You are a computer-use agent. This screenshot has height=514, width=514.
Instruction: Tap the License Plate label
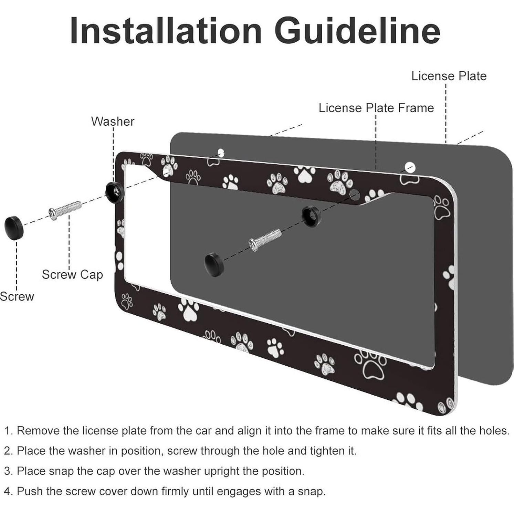coord(449,76)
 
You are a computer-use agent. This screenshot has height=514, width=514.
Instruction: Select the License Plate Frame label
coord(376,108)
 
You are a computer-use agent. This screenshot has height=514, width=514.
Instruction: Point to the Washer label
coord(113,121)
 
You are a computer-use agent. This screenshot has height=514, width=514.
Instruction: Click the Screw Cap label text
coord(72,274)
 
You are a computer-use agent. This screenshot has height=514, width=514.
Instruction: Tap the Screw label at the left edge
coord(17,296)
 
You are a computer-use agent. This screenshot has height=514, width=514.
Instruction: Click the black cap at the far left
coord(14,228)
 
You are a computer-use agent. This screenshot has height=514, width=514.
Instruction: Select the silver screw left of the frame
coord(65,210)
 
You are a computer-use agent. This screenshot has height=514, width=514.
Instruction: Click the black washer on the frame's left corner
coord(113,192)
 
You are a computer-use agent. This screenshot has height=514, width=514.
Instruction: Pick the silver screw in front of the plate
coord(265,239)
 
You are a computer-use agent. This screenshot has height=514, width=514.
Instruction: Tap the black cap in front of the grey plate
coord(214,264)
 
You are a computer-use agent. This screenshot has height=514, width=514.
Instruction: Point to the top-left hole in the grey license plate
coord(221,152)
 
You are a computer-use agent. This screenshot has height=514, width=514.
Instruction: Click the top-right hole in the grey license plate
coord(410,168)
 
